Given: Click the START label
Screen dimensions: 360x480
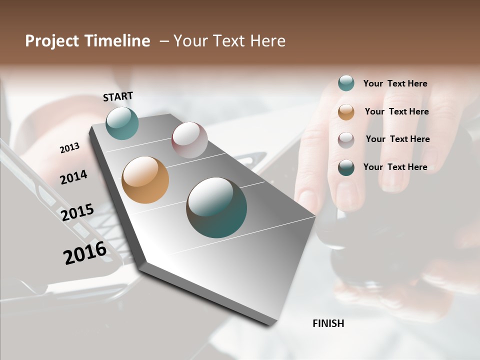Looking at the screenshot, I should pos(118,96).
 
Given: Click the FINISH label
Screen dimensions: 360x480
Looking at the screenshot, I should pos(328,323).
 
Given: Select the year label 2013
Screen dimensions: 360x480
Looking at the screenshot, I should pos(69,148).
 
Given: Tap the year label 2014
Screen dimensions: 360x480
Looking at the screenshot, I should pos(73,177).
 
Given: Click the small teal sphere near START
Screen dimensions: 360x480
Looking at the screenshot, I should pos(122,123).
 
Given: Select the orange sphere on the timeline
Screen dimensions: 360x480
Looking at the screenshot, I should pos(145,180).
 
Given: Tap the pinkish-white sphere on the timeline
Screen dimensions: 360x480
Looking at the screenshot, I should pos(189,140).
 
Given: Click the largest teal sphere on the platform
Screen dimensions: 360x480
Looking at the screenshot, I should pos(216,207).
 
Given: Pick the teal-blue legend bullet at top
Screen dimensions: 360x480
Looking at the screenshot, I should pos(346,83).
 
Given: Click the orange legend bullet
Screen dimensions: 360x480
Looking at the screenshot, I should pos(346,112).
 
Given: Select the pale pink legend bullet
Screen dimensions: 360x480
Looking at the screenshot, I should pos(346,140).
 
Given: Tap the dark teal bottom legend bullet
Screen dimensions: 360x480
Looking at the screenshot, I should pos(346,167).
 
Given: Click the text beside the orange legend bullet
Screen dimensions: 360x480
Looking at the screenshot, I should pos(396,111).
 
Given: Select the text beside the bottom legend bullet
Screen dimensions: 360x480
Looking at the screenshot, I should pos(395,167).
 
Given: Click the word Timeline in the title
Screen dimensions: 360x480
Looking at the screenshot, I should pos(117,41).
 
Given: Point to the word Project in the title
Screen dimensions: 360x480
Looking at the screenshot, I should pos(52,41).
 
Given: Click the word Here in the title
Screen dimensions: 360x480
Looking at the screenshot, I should pos(267,41).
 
